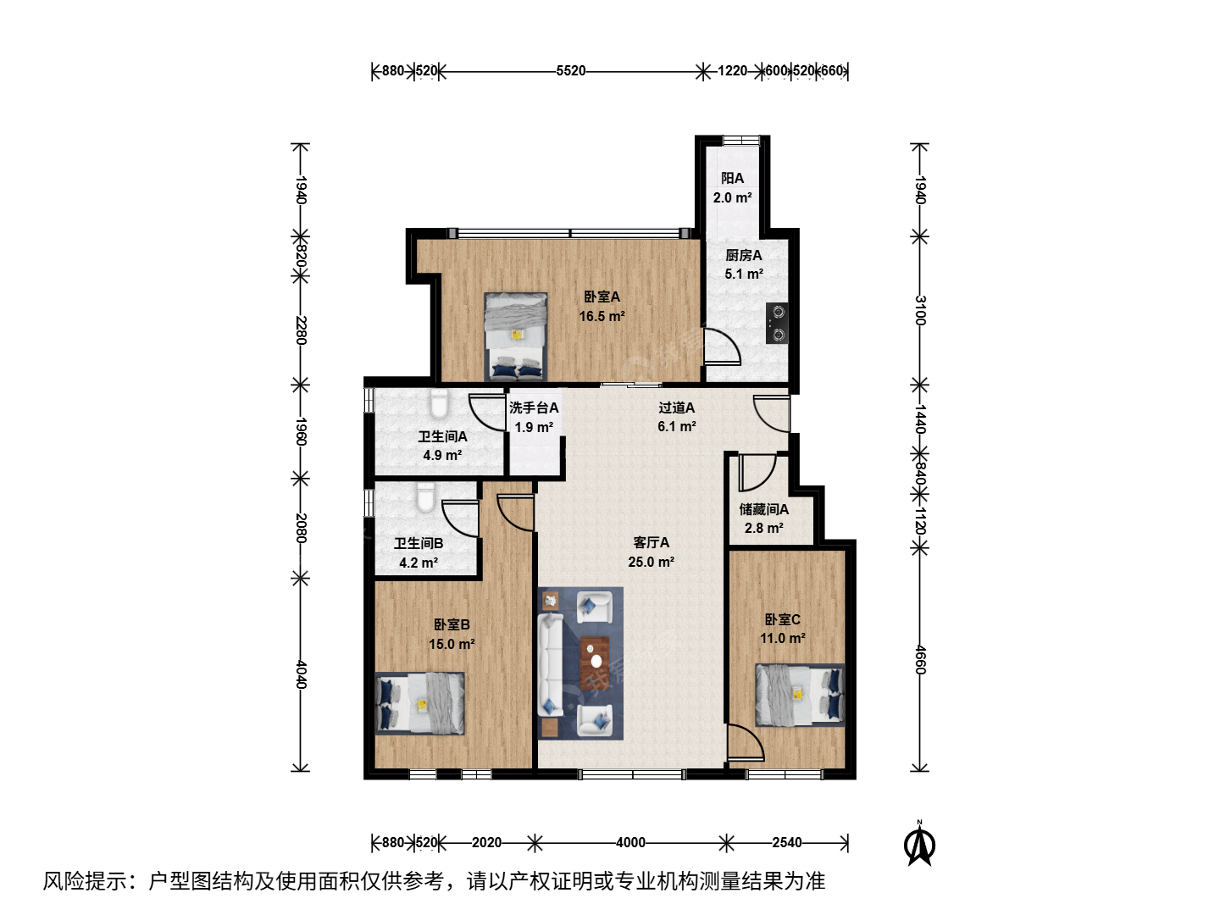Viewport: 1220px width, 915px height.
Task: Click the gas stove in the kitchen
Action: coord(776,324)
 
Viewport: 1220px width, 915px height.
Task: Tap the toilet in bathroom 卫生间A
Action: coord(439,404)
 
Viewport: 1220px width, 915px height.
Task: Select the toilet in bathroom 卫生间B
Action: coord(426,497)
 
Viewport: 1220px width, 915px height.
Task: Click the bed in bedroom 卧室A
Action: coord(516,336)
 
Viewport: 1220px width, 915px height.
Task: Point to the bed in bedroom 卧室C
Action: coord(800,695)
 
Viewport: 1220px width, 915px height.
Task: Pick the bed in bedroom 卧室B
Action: coord(419,704)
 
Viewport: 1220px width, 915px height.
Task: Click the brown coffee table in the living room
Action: coord(595,663)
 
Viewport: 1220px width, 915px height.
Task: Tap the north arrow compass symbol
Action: coord(919,844)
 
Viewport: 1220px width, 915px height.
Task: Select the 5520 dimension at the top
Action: coord(571,71)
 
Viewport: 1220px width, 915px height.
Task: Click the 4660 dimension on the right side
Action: coord(920,659)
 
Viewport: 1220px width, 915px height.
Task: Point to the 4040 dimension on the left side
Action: coord(301,674)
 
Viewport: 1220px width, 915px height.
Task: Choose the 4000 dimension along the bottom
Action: coord(630,843)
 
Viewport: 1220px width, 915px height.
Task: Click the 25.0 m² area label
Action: coord(652,562)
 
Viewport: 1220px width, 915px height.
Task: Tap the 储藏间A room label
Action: coord(763,509)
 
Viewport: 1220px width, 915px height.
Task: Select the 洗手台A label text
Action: coord(534,408)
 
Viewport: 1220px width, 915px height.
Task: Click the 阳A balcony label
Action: coord(732,178)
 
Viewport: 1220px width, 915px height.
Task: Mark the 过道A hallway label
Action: coord(676,408)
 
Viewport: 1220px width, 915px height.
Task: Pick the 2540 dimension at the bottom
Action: coord(786,843)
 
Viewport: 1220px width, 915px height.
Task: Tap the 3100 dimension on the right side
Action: coord(920,311)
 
